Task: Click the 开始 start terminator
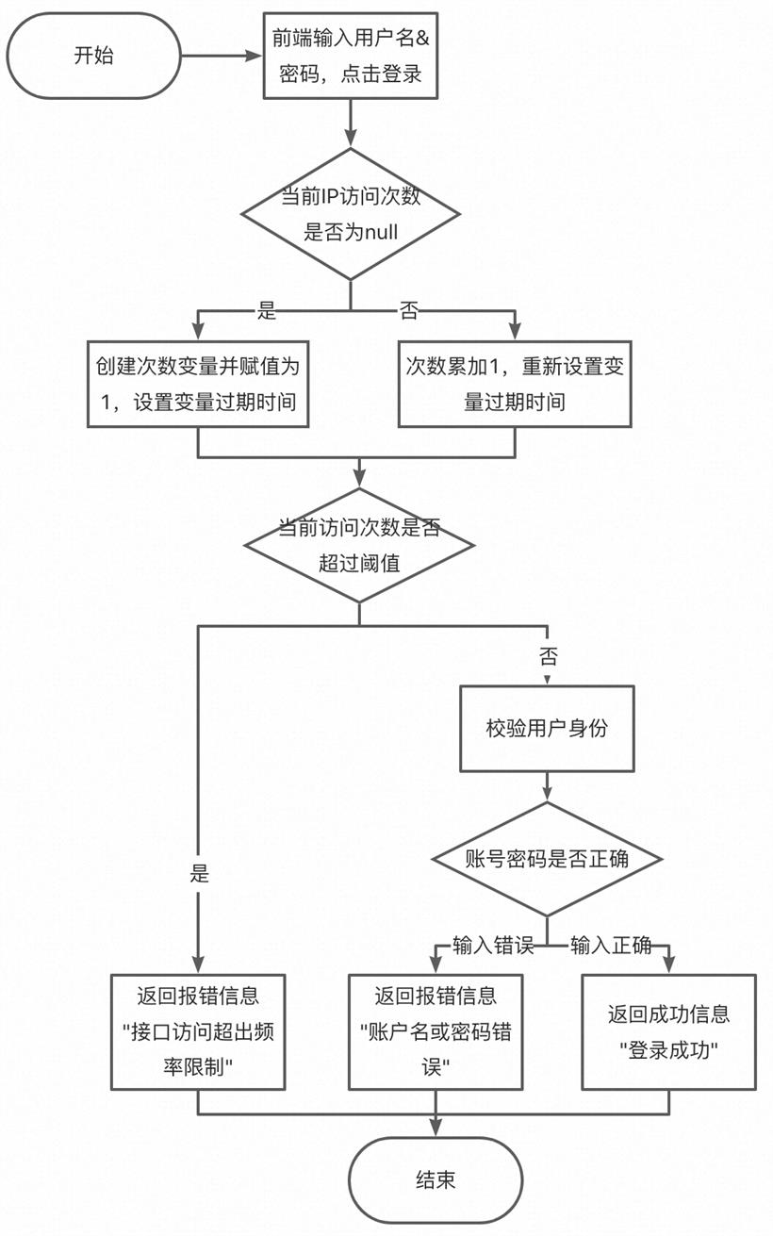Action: click(94, 56)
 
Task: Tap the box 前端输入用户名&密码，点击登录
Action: click(351, 56)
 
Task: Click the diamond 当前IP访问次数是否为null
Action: click(351, 214)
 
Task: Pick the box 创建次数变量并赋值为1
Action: click(198, 384)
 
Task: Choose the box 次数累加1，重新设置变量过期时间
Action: click(515, 384)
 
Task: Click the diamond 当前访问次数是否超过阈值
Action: click(359, 545)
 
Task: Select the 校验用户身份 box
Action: click(547, 729)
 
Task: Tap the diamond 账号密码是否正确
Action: click(547, 859)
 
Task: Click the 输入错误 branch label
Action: click(493, 946)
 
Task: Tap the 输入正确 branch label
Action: click(611, 946)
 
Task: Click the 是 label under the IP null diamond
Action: click(267, 311)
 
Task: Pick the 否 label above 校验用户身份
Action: click(549, 656)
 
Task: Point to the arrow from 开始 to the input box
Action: click(222, 56)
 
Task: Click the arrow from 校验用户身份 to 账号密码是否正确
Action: click(547, 787)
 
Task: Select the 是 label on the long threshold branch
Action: click(199, 873)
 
